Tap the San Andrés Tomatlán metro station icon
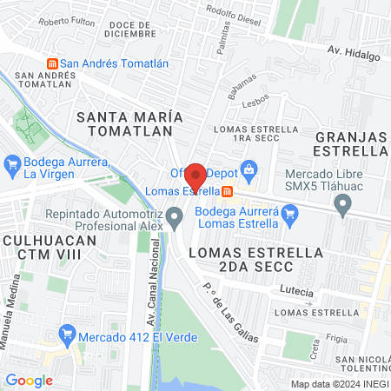[51, 63]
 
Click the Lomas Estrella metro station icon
[227, 191]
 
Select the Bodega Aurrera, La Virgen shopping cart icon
[13, 163]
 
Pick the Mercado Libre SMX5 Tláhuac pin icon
[343, 206]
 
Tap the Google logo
[29, 380]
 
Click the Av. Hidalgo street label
[354, 54]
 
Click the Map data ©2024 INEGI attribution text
[338, 384]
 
